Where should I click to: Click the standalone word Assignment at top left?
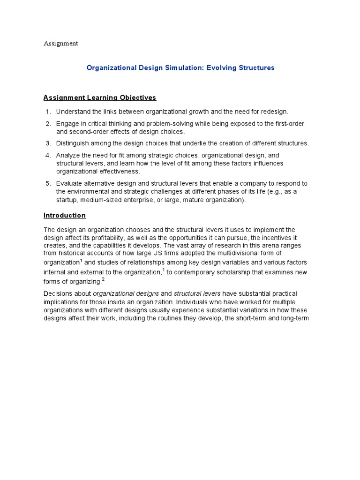coord(60,44)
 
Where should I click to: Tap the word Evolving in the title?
coord(217,68)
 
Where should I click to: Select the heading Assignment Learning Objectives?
coord(99,98)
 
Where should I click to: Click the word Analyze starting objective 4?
coord(68,155)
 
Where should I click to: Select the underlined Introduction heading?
coord(65,216)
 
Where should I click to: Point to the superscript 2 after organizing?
coord(103,279)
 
